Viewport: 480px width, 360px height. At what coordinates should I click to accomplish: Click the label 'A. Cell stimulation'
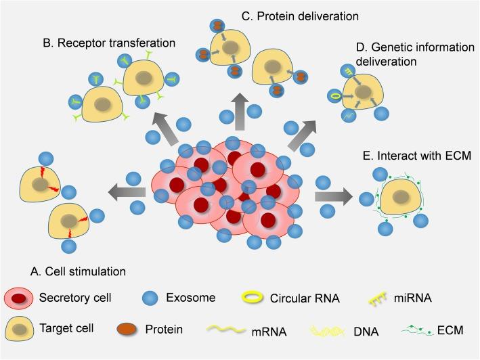78,271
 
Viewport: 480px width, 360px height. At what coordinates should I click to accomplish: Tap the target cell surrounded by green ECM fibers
399,197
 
